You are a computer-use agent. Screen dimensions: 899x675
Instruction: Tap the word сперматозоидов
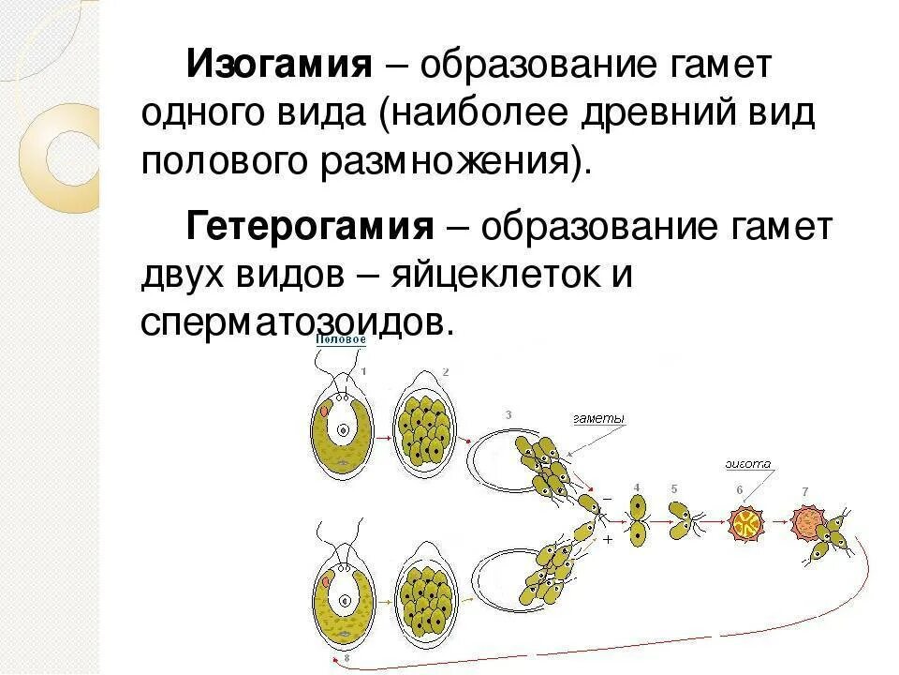coord(297,322)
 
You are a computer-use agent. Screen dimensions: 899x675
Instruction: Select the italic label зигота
coord(747,463)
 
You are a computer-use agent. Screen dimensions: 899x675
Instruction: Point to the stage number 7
coord(804,492)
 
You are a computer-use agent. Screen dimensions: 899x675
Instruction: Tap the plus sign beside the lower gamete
coord(607,541)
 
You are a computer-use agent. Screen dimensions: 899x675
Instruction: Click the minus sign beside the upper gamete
coord(606,500)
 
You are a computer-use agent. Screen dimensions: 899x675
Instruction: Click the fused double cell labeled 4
coord(638,520)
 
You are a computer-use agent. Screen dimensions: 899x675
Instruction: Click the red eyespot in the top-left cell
coord(324,411)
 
